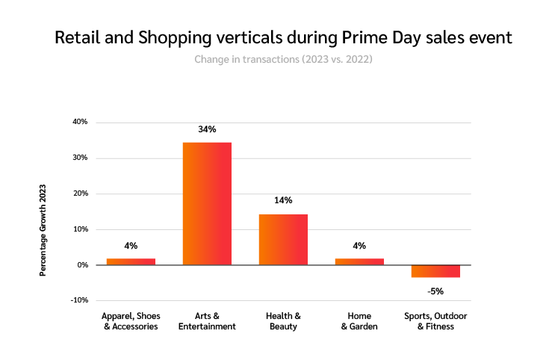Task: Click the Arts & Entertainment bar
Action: (207, 203)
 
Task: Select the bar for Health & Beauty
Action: (283, 239)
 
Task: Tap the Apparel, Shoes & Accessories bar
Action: (131, 261)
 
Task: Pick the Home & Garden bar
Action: (359, 261)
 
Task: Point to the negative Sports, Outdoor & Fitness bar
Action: (435, 271)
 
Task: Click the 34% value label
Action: (207, 129)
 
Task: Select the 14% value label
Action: (283, 200)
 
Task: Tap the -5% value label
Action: (435, 291)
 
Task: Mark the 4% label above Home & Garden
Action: (359, 245)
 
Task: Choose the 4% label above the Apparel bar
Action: (131, 245)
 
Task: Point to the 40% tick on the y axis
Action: (80, 122)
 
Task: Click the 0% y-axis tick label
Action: (82, 265)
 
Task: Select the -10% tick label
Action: (79, 300)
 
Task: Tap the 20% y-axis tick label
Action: (80, 193)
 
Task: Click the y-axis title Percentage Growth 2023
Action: (43, 229)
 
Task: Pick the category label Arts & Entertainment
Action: (207, 321)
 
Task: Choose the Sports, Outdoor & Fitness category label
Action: (435, 321)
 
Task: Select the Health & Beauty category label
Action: (283, 321)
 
